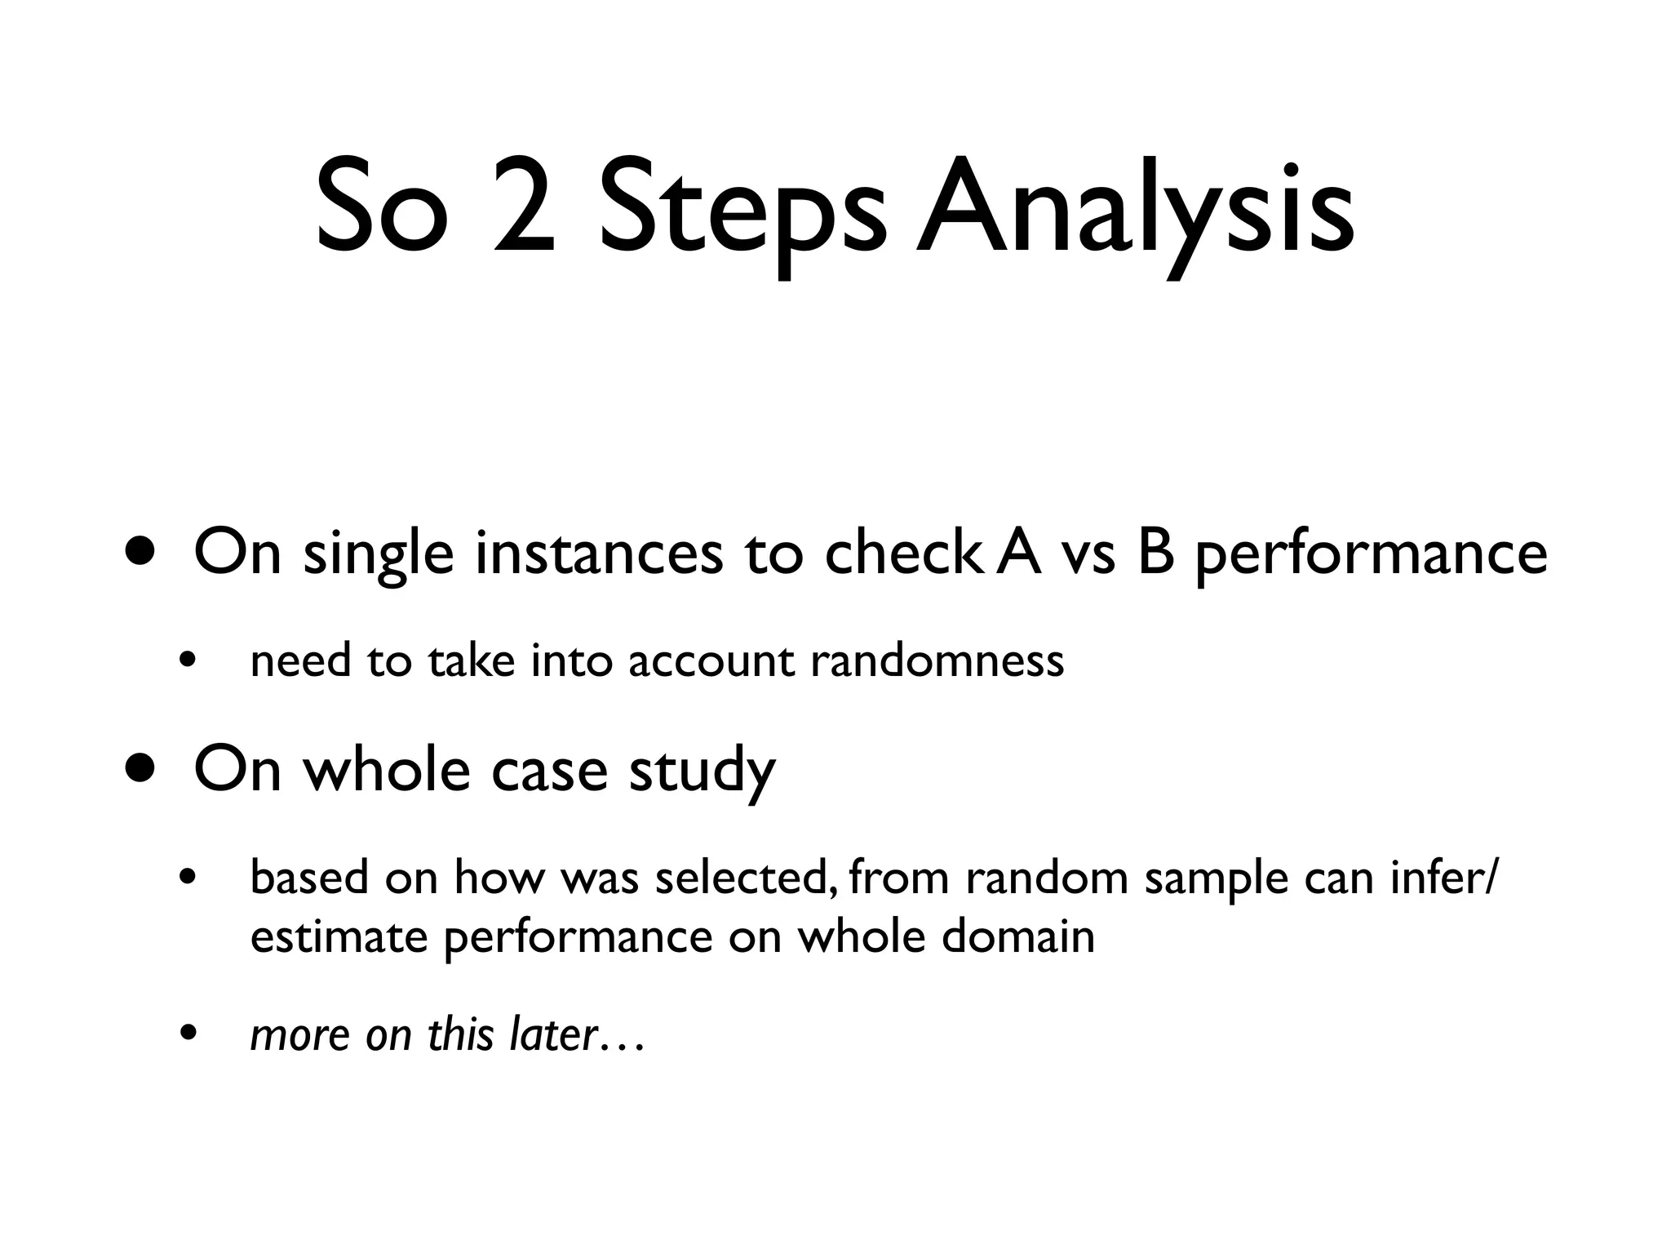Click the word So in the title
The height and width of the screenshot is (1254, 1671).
click(x=382, y=207)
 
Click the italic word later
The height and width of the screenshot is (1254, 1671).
click(x=554, y=1034)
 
